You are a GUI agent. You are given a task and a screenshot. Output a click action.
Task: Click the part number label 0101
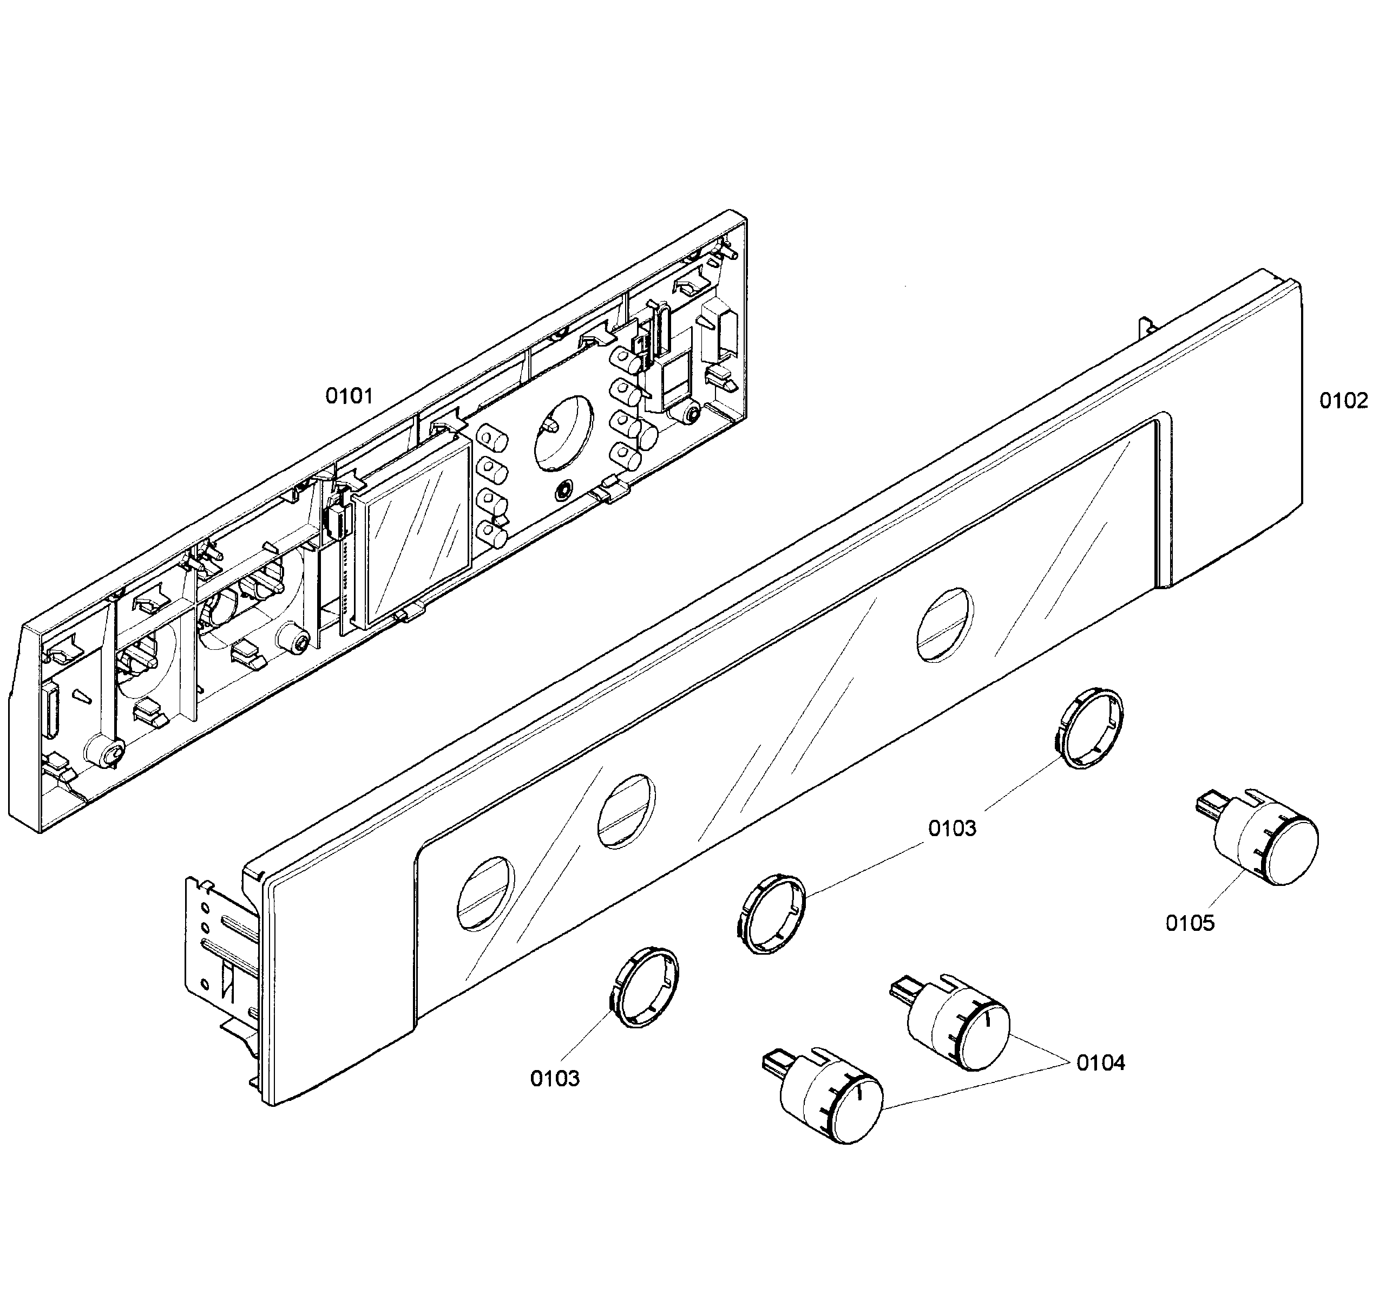point(349,396)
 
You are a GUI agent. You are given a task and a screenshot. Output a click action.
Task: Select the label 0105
point(1190,923)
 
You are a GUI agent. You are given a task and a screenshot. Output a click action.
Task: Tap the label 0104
point(1100,1063)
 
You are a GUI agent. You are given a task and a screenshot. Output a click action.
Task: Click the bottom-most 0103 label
point(555,1078)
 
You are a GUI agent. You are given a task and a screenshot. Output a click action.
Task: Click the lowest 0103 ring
point(643,988)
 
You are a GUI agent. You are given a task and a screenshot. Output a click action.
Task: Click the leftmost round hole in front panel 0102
point(485,892)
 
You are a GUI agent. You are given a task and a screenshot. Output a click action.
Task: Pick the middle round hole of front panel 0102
point(626,811)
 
